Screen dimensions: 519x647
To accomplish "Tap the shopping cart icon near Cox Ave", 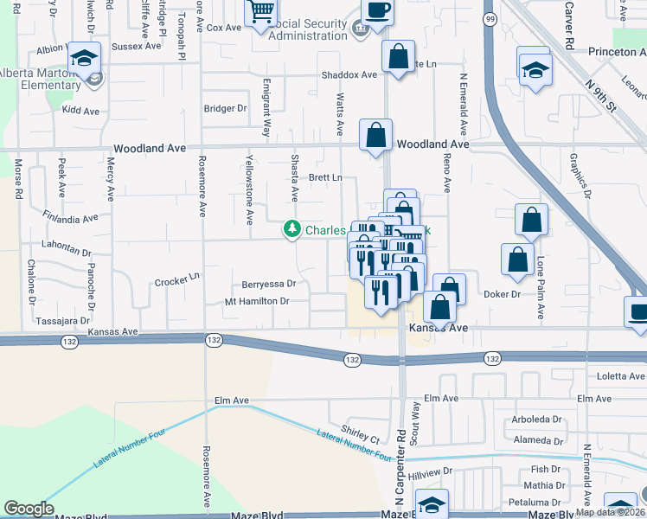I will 259,13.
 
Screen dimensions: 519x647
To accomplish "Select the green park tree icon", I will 292,229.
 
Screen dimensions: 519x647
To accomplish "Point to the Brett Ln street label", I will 326,177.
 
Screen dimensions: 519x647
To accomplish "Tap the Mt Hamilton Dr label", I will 256,302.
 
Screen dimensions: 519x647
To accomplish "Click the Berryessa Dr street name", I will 269,283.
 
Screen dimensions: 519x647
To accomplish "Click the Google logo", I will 29,509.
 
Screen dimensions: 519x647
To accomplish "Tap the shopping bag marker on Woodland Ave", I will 375,137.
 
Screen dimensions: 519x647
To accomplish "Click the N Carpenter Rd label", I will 400,467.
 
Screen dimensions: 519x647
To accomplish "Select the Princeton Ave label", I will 605,52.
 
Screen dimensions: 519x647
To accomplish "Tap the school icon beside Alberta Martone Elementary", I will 84,59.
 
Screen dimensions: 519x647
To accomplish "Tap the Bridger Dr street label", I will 225,109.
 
